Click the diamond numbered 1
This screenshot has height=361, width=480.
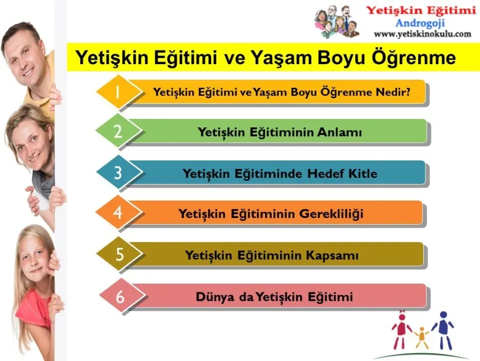coord(119,92)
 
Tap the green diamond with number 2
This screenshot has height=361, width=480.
coord(119,131)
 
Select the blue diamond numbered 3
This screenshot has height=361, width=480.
coord(119,172)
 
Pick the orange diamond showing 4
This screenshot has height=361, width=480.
coord(119,212)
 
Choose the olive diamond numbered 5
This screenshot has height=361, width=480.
coord(119,254)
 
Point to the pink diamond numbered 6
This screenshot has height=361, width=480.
coord(122,296)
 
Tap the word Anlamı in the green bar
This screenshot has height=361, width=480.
coord(339,132)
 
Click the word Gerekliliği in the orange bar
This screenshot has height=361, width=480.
coord(331,214)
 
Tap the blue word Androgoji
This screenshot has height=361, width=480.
coord(420,23)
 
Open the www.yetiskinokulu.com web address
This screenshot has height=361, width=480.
coord(422,34)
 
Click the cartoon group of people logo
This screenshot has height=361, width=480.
coord(337,22)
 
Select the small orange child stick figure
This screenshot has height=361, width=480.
coord(422,338)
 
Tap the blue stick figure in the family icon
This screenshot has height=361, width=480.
coord(443,330)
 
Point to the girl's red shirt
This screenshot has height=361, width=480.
coord(32,309)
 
